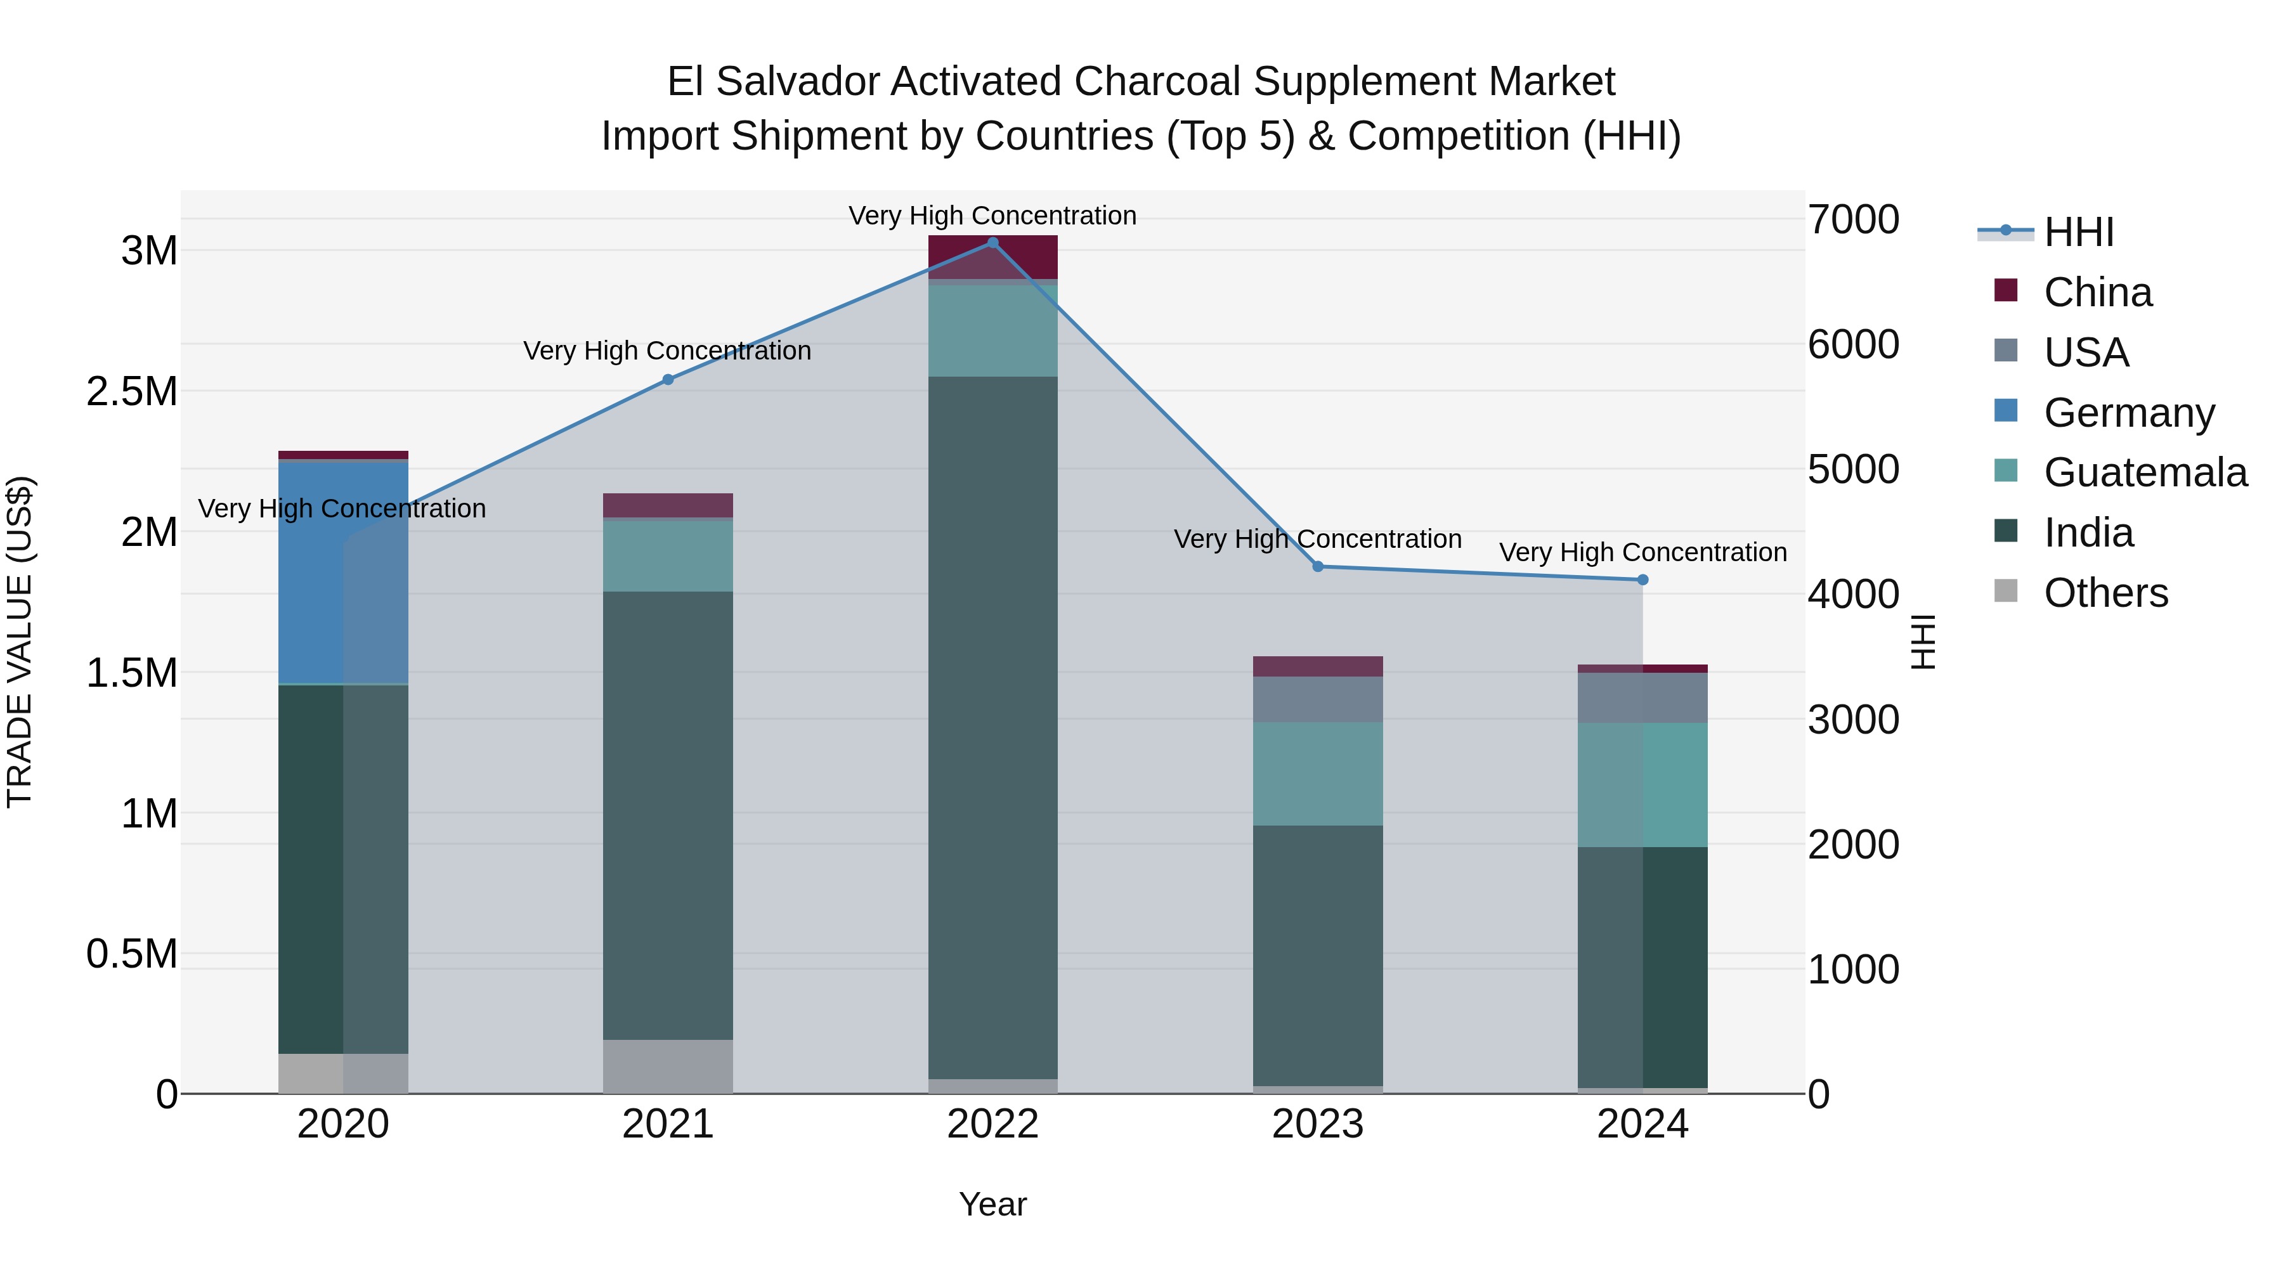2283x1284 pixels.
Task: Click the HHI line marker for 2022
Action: pos(992,243)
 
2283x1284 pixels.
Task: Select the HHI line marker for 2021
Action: pos(668,379)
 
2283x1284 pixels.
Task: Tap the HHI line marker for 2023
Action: pos(1318,566)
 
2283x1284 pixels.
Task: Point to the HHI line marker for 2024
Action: pos(1642,580)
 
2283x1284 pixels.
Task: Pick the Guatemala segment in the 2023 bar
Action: pos(1318,773)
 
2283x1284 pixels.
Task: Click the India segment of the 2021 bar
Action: pos(668,815)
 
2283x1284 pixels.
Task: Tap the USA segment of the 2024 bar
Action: pos(1642,697)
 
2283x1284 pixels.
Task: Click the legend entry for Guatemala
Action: pos(2145,472)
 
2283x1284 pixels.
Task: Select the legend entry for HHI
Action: pos(2078,232)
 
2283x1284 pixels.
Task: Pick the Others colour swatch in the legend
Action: pos(2006,591)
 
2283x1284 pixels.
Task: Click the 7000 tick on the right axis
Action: pos(1853,220)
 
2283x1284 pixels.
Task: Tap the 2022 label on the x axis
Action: pos(992,1124)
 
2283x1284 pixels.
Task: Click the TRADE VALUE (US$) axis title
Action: pos(20,642)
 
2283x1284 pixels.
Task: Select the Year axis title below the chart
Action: pos(992,1204)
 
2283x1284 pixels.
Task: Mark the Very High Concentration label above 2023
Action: pos(1318,539)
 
